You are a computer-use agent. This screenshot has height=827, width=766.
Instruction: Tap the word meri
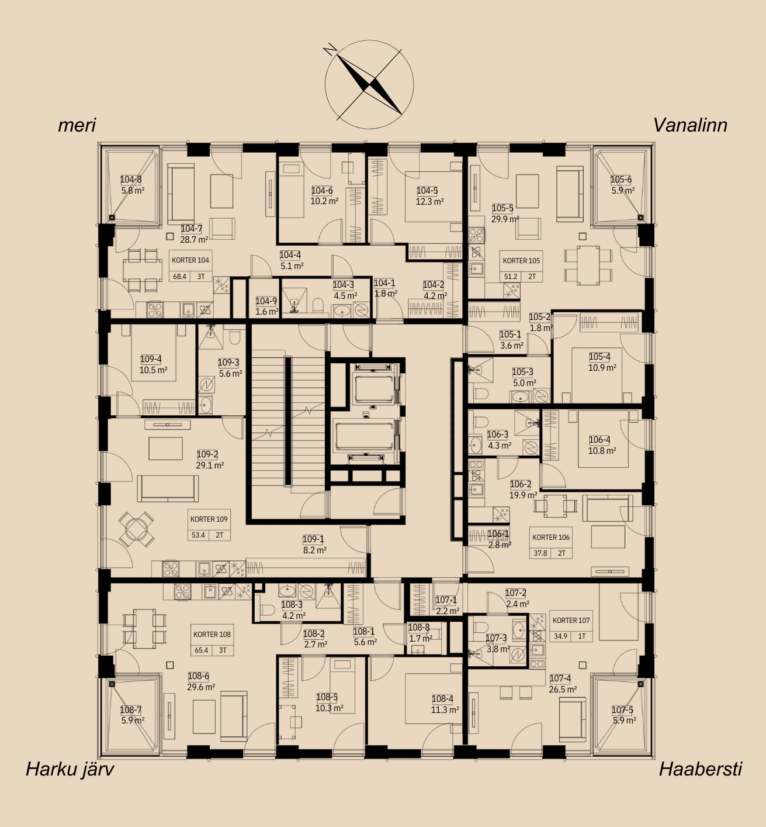[x=77, y=125]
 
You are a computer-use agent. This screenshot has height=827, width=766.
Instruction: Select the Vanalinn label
[x=690, y=125]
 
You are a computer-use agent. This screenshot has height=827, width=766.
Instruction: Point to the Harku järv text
[x=70, y=769]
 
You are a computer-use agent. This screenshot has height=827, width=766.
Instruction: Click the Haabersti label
[x=701, y=769]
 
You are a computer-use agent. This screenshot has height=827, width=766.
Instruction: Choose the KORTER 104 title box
[x=190, y=260]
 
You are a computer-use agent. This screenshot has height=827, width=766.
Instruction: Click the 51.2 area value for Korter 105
[x=511, y=277]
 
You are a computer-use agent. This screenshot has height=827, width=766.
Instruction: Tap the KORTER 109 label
[x=209, y=519]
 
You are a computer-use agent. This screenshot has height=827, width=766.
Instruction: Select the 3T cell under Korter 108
[x=223, y=650]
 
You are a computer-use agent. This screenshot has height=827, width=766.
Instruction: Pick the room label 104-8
[x=131, y=180]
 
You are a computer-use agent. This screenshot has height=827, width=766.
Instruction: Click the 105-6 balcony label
[x=621, y=180]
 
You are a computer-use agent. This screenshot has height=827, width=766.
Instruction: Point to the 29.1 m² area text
[x=210, y=465]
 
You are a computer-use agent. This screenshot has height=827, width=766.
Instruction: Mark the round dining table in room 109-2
[x=136, y=529]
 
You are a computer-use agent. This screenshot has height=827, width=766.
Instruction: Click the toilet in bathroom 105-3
[x=481, y=394]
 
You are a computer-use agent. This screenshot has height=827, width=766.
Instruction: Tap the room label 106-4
[x=599, y=440]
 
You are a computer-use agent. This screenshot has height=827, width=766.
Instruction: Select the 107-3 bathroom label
[x=497, y=638]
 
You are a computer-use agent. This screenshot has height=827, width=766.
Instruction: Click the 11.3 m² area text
[x=445, y=709]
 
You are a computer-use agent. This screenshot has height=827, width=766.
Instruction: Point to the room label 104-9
[x=266, y=301]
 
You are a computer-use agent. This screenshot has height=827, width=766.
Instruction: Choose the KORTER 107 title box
[x=571, y=621]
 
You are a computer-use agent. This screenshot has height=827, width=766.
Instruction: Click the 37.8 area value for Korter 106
[x=540, y=553]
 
